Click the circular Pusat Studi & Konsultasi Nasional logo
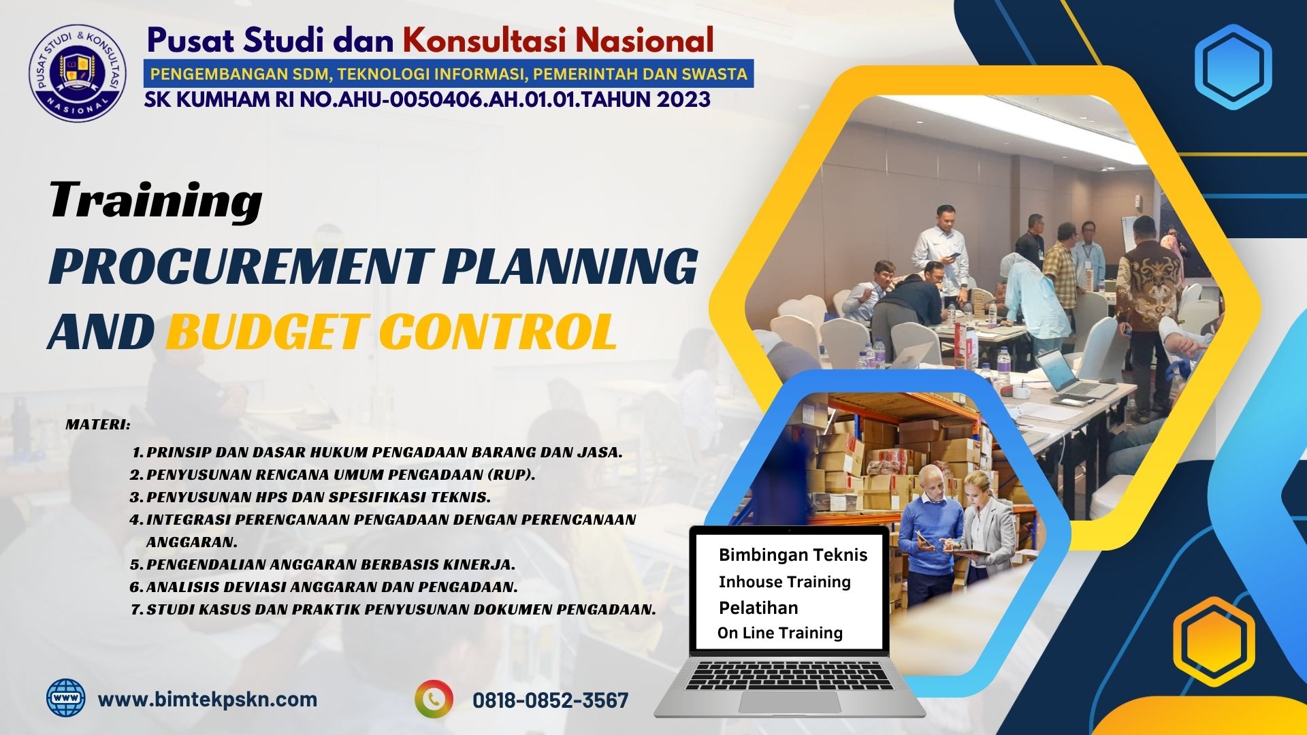[x=78, y=72]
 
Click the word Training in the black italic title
[x=156, y=201]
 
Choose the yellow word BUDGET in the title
[x=265, y=331]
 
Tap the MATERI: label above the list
[x=98, y=425]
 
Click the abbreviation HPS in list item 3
[x=272, y=497]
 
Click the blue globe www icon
[x=66, y=698]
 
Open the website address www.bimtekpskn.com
[x=208, y=699]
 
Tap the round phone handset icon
[x=434, y=699]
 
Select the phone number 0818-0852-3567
[x=550, y=700]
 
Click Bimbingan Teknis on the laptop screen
[x=793, y=555]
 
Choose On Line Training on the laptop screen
[x=780, y=633]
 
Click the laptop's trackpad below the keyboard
[x=789, y=703]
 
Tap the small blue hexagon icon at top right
[x=1233, y=67]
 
